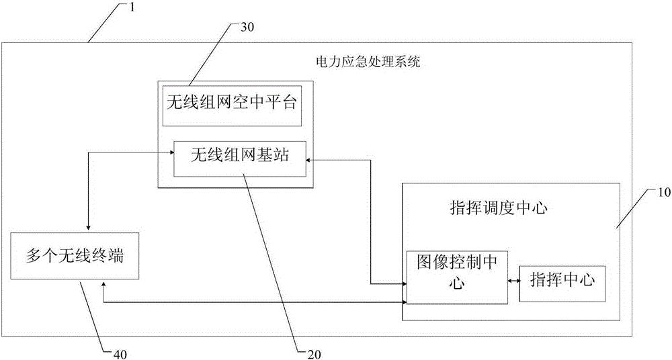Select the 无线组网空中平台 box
230,104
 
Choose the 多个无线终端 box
75,255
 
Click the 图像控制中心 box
457,275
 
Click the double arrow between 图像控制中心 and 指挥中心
513,280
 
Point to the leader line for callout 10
634,210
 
